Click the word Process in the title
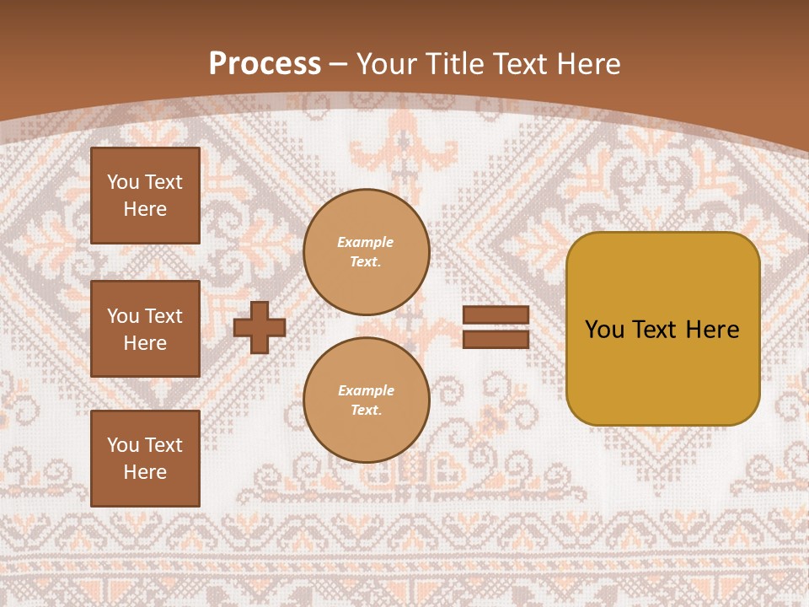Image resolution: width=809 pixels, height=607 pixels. point(265,64)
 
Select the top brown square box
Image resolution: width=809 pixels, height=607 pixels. point(145,196)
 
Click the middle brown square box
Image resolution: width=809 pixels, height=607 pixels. point(145,329)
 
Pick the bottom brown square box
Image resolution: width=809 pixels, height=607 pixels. point(145,459)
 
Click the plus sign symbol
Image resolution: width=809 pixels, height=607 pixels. point(260,327)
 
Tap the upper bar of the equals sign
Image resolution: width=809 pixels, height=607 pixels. point(496,315)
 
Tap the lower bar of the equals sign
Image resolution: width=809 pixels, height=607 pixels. point(496,339)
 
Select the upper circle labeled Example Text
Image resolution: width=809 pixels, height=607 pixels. point(366,252)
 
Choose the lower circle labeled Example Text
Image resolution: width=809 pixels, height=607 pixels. point(366,400)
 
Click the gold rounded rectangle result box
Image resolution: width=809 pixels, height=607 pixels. point(662,329)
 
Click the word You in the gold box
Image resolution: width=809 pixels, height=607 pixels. point(604,330)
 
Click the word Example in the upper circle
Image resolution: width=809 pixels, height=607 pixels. point(366,243)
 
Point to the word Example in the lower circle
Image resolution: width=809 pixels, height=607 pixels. point(366,391)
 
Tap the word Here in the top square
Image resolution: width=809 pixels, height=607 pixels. point(145,209)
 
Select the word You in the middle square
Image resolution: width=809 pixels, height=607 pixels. point(123,316)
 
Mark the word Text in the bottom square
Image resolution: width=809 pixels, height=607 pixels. point(163,445)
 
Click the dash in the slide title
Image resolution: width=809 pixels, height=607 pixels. point(339,64)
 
